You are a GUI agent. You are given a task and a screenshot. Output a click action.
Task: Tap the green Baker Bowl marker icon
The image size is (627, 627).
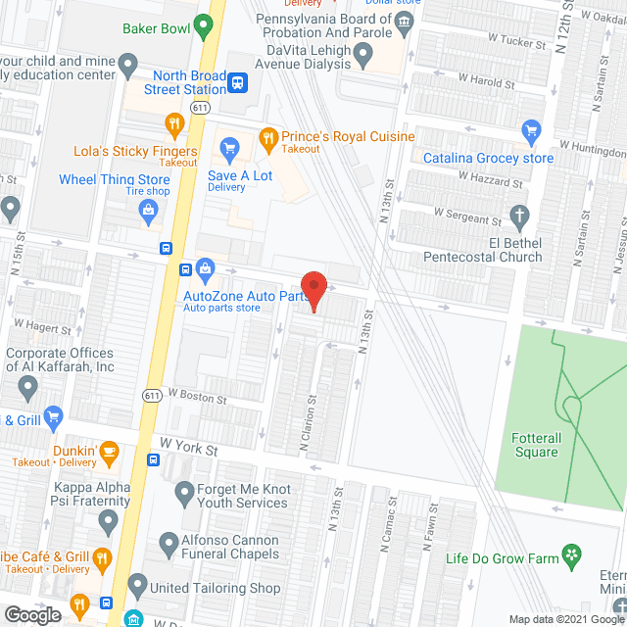tap(204, 24)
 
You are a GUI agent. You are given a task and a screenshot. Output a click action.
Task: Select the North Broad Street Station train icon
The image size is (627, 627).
tap(237, 81)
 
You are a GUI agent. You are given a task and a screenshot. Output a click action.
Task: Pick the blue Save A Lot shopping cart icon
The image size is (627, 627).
tap(230, 149)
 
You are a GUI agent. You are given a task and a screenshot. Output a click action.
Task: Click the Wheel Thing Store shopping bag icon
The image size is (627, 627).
tap(147, 208)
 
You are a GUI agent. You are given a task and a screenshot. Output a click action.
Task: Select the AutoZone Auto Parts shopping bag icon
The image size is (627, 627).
tap(206, 267)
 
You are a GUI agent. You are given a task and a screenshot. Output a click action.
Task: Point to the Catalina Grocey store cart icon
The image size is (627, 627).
tap(532, 130)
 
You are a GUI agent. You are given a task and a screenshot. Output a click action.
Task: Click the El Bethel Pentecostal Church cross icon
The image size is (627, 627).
tap(520, 216)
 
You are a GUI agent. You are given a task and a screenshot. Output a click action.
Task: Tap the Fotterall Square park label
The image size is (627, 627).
tap(536, 445)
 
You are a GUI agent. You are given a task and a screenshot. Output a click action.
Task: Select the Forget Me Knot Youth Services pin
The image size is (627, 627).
tap(183, 491)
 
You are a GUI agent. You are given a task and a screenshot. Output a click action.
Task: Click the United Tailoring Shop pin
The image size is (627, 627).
tap(136, 589)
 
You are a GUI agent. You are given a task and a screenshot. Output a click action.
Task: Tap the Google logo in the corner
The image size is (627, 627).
tap(32, 615)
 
